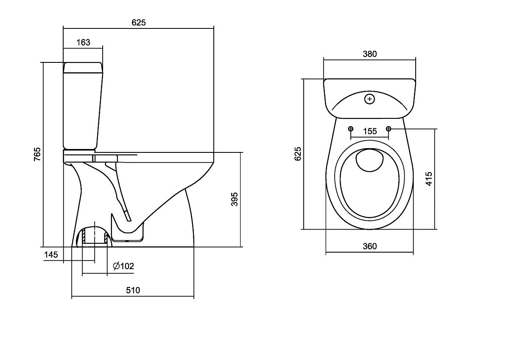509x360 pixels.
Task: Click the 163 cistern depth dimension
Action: pos(84,42)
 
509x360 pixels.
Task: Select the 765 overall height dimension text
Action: pos(37,155)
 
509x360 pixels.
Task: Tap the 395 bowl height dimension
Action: pos(235,199)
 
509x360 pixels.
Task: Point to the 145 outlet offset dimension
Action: pos(51,255)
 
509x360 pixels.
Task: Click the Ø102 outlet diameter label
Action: pos(123,266)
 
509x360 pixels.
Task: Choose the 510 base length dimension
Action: pos(133,290)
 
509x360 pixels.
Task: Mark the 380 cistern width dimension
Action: pos(369,54)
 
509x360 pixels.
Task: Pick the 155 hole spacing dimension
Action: pos(370,131)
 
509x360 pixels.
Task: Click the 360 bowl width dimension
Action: pos(369,246)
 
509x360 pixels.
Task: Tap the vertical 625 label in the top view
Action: pos(298,154)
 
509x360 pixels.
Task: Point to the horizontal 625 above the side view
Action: pos(138,23)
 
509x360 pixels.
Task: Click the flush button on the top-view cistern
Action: pos(370,99)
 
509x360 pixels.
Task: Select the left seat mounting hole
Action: pos(351,129)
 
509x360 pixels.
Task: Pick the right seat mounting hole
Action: pos(389,129)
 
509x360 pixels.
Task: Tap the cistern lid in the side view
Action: pos(83,67)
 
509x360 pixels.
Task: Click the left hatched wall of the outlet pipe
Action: pos(85,235)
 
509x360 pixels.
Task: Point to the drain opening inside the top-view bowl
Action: pos(369,160)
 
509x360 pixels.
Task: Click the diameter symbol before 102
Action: pos(116,266)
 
